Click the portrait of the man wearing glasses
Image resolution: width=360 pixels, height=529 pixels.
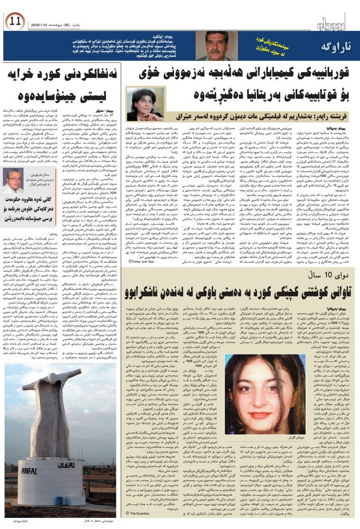tap(13, 180)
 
